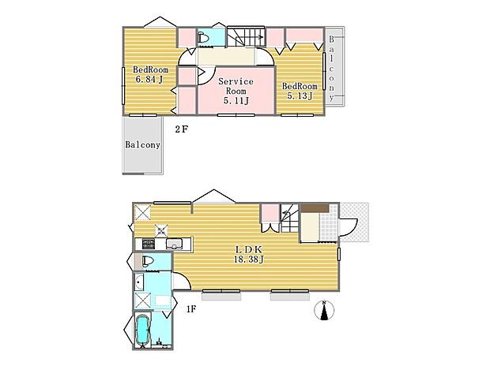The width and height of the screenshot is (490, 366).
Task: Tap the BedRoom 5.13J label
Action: tap(300, 91)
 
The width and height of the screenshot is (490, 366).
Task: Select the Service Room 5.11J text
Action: tap(235, 91)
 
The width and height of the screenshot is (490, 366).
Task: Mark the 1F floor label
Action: tap(190, 310)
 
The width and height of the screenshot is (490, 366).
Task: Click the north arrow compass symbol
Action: tap(323, 312)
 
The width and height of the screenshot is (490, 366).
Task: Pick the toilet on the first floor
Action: tap(147, 263)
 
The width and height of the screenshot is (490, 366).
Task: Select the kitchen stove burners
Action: tap(147, 242)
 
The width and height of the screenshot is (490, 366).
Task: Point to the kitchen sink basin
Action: tap(175, 242)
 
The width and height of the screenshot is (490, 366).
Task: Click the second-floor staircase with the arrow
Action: tap(246, 37)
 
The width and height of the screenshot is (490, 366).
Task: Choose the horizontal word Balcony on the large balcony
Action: tap(143, 145)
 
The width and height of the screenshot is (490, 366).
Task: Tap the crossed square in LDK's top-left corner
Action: tap(143, 212)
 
